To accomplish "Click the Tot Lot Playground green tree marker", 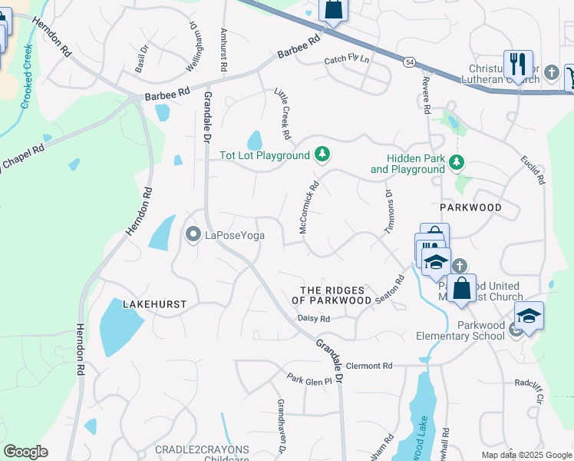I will coord(323,155).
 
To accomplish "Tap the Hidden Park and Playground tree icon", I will coord(457,162).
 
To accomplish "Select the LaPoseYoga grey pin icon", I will coord(193,234).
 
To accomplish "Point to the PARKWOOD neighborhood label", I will coord(470,207).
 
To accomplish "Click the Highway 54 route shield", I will coord(411,61).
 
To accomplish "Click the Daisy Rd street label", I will coord(313,318).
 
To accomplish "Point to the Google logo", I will coord(25,452).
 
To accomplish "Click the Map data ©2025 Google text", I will coord(526,455).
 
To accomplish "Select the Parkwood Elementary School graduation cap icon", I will coord(529,316).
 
